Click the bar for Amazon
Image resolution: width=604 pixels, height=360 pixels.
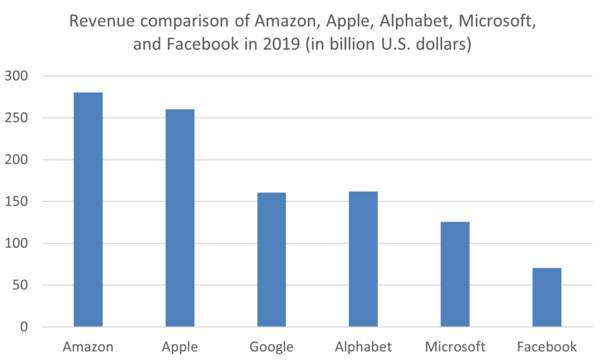tap(88, 210)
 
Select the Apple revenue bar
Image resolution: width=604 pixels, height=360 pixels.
tap(180, 218)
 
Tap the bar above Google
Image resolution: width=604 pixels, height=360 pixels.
tap(271, 260)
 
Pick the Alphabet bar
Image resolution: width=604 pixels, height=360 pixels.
tap(363, 259)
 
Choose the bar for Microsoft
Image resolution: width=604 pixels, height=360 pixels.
tap(455, 274)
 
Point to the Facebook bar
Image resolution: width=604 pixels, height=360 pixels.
tap(547, 297)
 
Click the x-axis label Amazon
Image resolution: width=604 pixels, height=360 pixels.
tap(88, 347)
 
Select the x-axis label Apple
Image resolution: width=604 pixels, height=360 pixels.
tap(180, 347)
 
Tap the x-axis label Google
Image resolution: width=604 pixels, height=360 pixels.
tap(271, 347)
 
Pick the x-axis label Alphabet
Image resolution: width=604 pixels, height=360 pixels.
tap(363, 347)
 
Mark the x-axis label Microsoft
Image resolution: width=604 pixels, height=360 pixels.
tap(455, 347)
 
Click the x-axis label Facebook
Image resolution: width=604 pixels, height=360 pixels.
tap(547, 347)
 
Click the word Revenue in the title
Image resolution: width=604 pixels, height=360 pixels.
tap(96, 22)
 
